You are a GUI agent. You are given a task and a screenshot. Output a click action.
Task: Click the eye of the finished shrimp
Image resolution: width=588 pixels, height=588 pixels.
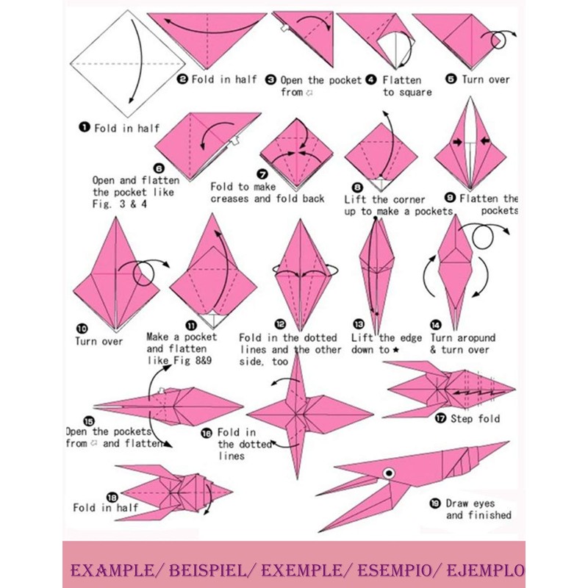point(388,472)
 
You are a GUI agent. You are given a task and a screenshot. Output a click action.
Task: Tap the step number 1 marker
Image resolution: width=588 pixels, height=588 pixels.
point(85,128)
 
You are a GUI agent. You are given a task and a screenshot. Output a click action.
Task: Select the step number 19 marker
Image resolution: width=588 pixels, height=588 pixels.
point(435,503)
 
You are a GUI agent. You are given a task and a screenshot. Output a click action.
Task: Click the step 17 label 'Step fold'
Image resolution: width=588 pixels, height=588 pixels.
point(476,418)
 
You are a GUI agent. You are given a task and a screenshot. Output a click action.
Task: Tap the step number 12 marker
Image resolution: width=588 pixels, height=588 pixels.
point(280,324)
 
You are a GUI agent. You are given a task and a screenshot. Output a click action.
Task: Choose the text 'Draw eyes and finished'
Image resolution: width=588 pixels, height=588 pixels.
point(478,509)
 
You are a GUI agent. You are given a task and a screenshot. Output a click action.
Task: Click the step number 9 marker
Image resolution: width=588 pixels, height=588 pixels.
point(451,198)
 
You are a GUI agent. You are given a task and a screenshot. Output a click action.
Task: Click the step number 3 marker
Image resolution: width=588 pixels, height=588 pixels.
point(271,79)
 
